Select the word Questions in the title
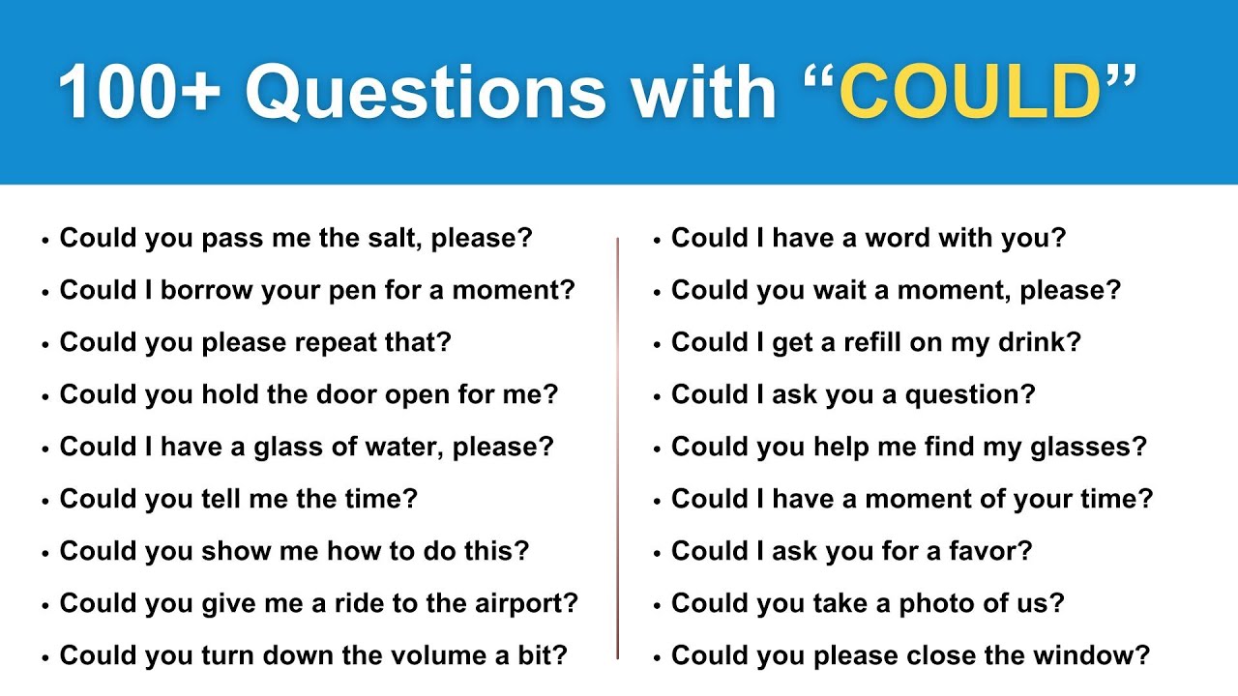[x=426, y=94]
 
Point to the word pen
[x=363, y=290]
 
